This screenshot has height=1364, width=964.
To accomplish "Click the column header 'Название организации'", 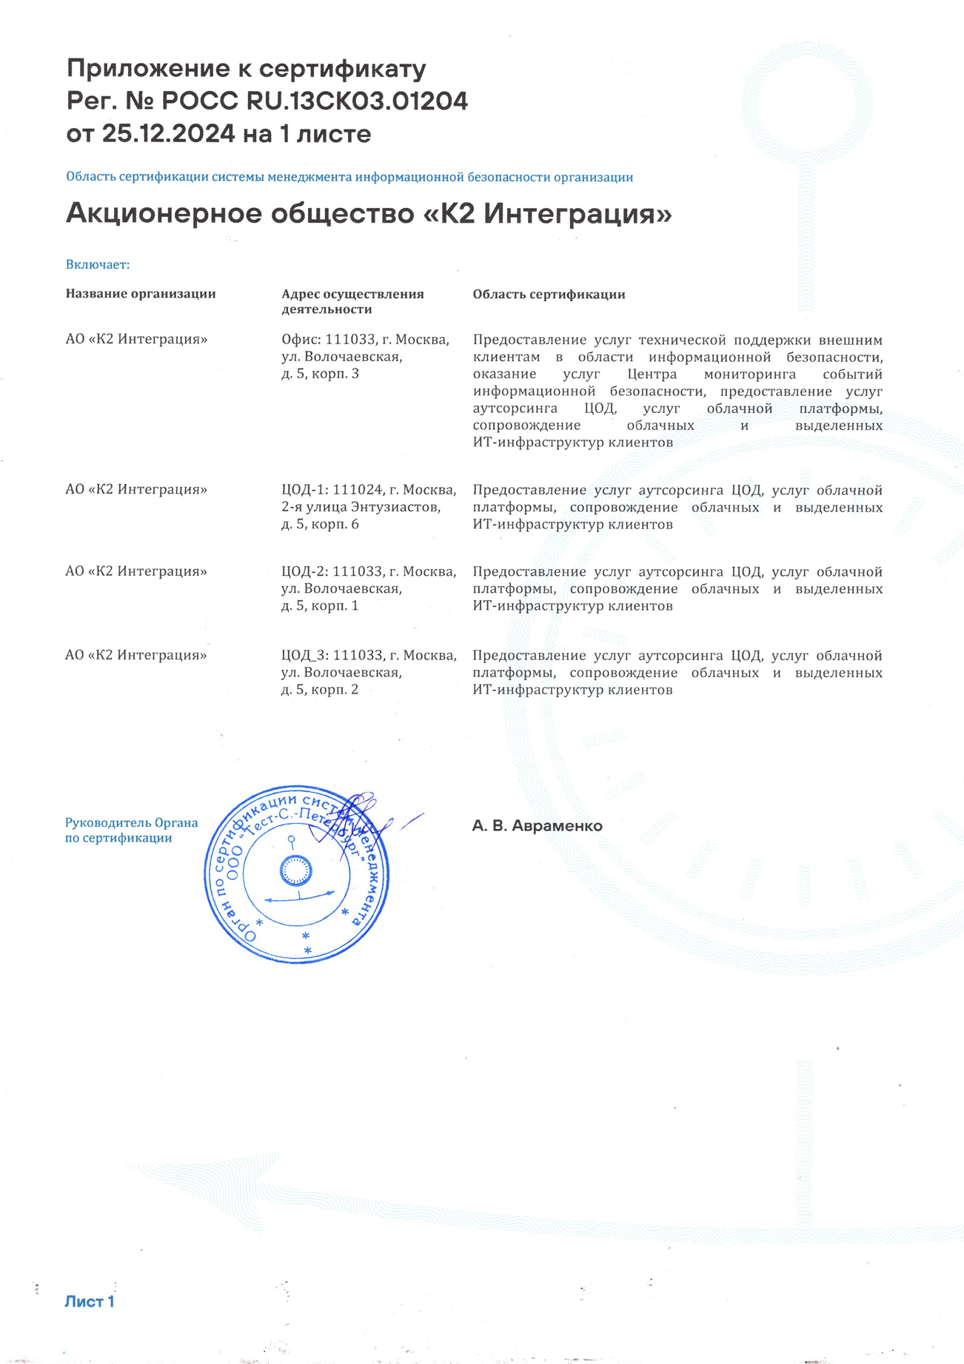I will [x=141, y=294].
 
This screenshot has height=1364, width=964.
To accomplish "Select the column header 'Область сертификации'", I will [x=549, y=295].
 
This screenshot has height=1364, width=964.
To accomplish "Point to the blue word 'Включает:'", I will [x=98, y=265].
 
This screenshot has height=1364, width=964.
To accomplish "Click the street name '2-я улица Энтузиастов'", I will [x=361, y=507].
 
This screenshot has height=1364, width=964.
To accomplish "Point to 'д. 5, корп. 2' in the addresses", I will [x=320, y=690].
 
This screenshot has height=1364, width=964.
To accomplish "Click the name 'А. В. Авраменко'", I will [x=537, y=826].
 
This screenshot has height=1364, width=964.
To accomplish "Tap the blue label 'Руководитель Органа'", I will [x=131, y=823].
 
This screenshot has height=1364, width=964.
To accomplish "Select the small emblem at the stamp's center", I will [x=296, y=871].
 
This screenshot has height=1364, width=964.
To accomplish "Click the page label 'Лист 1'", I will [x=90, y=1302].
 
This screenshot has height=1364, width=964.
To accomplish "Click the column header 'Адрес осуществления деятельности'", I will [x=352, y=301].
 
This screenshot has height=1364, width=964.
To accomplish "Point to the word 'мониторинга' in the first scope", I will [x=749, y=374].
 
